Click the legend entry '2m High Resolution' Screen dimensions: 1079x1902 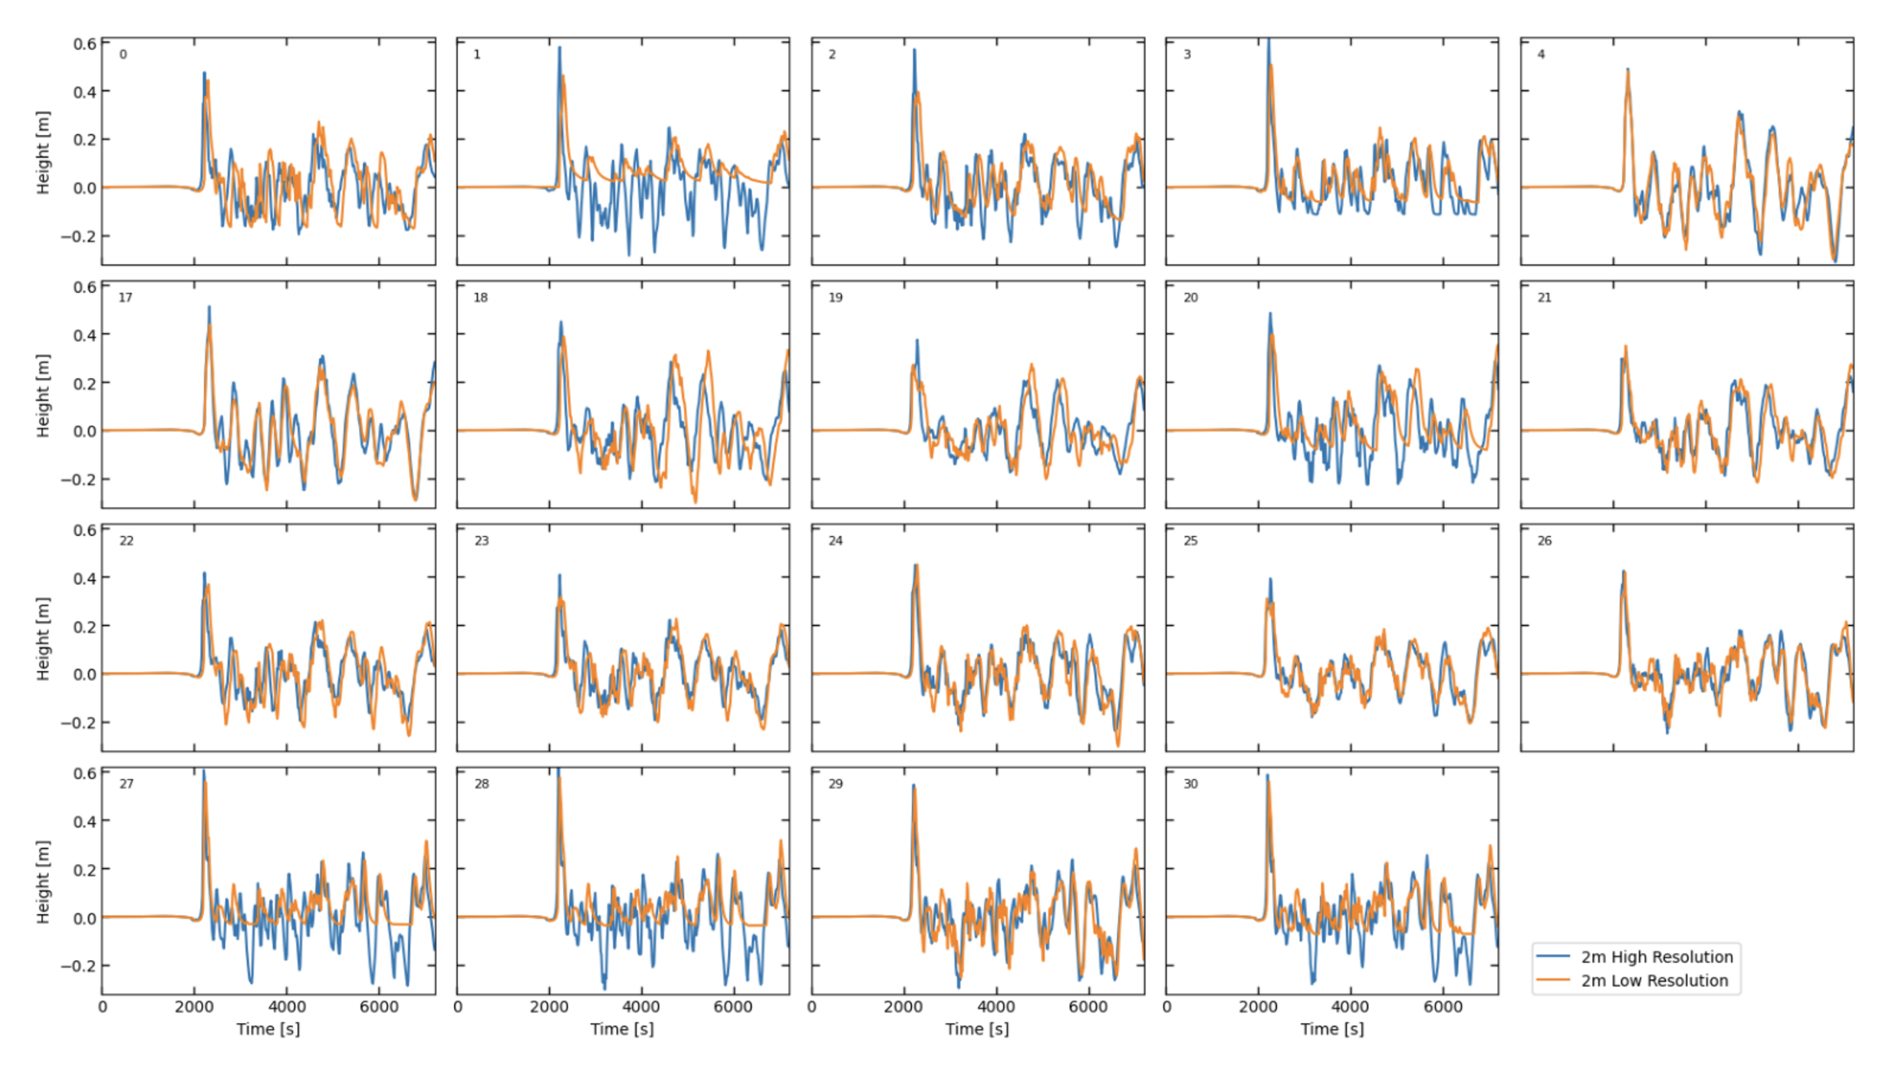click(x=1656, y=956)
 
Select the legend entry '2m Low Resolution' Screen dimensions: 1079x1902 click(x=1654, y=980)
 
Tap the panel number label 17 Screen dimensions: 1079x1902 click(x=125, y=298)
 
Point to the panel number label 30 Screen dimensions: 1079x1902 click(x=1190, y=784)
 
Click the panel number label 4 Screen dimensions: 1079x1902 click(x=1541, y=54)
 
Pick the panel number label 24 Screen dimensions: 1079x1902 click(x=835, y=541)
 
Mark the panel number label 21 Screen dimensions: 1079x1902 click(x=1544, y=298)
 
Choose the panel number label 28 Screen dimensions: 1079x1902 click(x=481, y=784)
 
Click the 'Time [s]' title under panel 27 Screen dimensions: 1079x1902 click(x=268, y=1029)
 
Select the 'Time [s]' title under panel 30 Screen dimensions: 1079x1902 click(x=1331, y=1029)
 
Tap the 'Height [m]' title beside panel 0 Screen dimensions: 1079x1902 click(x=43, y=152)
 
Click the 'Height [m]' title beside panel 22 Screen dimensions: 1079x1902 click(x=43, y=638)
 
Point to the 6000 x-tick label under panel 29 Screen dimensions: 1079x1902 click(x=1088, y=1006)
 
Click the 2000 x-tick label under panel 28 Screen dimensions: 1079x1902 click(x=549, y=1006)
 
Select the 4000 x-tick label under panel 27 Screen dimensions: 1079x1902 click(x=286, y=1006)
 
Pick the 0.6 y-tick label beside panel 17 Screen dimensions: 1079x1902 click(x=84, y=288)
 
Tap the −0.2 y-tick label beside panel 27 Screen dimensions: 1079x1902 click(x=79, y=966)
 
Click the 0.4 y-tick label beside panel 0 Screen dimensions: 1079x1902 click(x=84, y=92)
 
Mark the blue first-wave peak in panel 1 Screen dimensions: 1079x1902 click(x=559, y=48)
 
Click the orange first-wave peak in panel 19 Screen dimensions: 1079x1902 click(x=914, y=366)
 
